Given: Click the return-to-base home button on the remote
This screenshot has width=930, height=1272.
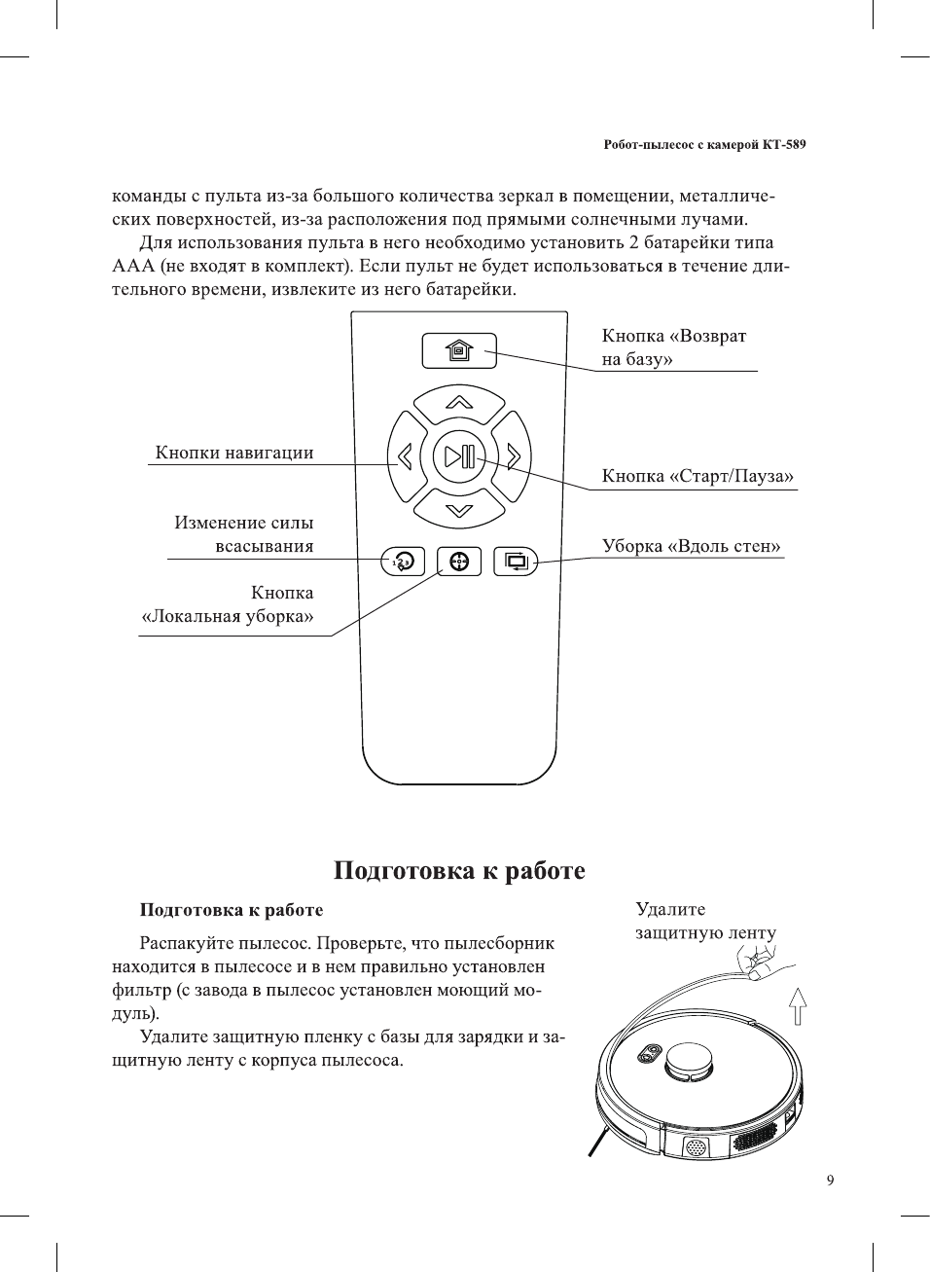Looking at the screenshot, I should pyautogui.click(x=459, y=350).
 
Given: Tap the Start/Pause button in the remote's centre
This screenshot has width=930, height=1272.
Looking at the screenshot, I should pyautogui.click(x=459, y=455).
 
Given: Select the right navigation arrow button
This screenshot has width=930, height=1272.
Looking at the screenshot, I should pyautogui.click(x=514, y=455).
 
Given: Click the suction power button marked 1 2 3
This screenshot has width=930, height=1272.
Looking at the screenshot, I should pyautogui.click(x=403, y=562).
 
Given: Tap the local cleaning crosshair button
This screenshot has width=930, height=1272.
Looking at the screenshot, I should pyautogui.click(x=459, y=562).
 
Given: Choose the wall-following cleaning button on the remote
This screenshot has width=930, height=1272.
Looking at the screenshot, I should pyautogui.click(x=516, y=562).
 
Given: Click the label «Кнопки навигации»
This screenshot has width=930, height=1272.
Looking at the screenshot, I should pyautogui.click(x=234, y=453).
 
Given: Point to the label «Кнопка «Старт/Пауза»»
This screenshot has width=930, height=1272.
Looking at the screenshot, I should pyautogui.click(x=697, y=476).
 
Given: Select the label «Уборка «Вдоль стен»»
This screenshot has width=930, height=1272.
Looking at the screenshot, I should pyautogui.click(x=691, y=546).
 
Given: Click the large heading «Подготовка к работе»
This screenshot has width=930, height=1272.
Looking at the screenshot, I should pyautogui.click(x=459, y=870).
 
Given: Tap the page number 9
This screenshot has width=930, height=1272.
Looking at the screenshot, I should pyautogui.click(x=830, y=1181).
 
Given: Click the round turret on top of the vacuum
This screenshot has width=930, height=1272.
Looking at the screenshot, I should pyautogui.click(x=689, y=1059).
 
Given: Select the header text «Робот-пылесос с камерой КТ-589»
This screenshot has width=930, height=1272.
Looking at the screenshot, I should pyautogui.click(x=704, y=145).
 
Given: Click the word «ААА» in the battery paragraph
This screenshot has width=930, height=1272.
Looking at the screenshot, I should pyautogui.click(x=133, y=266).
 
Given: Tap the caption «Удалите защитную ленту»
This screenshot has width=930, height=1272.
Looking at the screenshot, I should pyautogui.click(x=705, y=921).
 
